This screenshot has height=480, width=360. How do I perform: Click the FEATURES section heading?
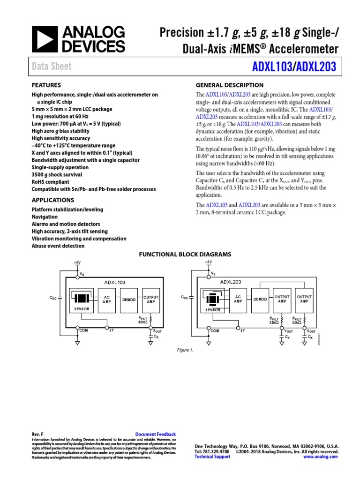(46, 85)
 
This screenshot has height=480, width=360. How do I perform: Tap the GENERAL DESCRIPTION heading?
(229, 85)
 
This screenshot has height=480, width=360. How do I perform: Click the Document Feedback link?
(155, 435)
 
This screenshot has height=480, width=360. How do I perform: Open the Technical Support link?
(212, 457)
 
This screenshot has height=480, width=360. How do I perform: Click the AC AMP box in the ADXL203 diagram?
(238, 299)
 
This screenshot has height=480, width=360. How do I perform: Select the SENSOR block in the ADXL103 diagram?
(82, 300)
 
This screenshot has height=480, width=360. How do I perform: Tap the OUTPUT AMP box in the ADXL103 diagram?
(151, 299)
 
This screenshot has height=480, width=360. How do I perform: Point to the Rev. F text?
(37, 435)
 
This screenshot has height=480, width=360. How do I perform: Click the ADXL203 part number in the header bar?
(316, 67)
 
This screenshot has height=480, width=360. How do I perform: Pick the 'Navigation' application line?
(45, 217)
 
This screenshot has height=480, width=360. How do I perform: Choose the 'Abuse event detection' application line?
(58, 246)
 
